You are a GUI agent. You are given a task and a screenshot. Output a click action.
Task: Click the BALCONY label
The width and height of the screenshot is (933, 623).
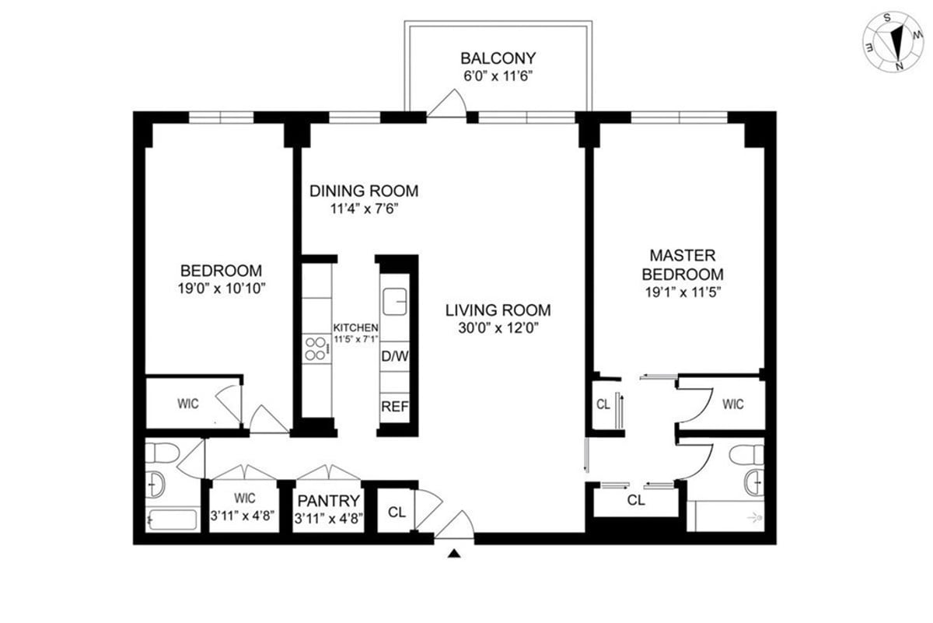[x=498, y=58]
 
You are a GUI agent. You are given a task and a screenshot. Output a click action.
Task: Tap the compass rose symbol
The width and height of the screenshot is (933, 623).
[x=893, y=42]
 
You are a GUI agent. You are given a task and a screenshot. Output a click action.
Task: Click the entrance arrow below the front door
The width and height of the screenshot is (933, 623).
[x=454, y=554]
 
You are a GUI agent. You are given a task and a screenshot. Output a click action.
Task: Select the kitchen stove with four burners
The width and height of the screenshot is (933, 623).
[x=316, y=348]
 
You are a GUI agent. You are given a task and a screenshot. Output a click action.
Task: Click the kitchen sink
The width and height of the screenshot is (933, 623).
[x=394, y=301]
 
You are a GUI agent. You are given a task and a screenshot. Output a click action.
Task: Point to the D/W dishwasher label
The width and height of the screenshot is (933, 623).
[x=394, y=356]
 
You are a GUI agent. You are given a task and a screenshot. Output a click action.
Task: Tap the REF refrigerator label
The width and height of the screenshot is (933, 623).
[x=395, y=406]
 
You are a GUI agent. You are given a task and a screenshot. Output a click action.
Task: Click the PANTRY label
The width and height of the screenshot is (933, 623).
[x=329, y=500]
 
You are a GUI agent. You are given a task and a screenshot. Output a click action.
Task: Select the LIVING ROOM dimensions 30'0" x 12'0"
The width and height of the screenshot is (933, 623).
[x=498, y=328]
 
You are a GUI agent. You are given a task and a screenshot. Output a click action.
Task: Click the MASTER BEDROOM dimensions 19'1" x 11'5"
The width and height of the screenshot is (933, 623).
[x=683, y=292]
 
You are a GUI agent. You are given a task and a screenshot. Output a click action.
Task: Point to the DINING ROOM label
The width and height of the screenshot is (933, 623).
[x=364, y=191]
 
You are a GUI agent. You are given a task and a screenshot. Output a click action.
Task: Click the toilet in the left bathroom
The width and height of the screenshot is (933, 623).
[x=162, y=453]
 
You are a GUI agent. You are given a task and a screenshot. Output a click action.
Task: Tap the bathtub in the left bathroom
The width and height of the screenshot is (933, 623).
[x=173, y=520]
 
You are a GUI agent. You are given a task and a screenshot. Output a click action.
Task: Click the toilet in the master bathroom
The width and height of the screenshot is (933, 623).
[x=746, y=454]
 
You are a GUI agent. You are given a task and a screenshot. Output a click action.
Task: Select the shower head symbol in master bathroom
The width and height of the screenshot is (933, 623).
[x=755, y=518]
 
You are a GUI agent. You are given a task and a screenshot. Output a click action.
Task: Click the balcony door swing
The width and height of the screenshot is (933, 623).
[x=448, y=103]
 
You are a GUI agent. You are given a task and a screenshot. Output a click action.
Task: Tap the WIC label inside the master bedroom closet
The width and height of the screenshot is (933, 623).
[x=732, y=404]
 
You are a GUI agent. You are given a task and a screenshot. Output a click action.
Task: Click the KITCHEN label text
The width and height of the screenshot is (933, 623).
[x=355, y=328]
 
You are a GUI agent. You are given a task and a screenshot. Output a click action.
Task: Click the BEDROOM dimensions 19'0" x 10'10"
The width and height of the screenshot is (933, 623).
[x=222, y=289]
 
